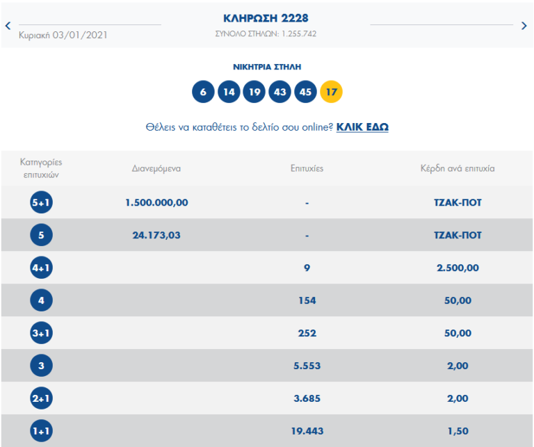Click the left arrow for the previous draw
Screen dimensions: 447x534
pyautogui.click(x=8, y=26)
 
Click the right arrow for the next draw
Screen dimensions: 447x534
pyautogui.click(x=524, y=26)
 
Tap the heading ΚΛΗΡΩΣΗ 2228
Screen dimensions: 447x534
pyautogui.click(x=266, y=18)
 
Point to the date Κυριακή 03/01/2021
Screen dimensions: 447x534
pyautogui.click(x=63, y=34)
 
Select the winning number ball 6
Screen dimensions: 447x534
pyautogui.click(x=203, y=92)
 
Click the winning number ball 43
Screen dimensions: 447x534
pyautogui.click(x=280, y=92)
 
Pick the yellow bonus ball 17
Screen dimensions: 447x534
pyautogui.click(x=331, y=92)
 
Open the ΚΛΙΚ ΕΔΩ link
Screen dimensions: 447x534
pyautogui.click(x=362, y=127)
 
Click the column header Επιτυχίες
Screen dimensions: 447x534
pyautogui.click(x=307, y=168)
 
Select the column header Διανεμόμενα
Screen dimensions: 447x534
pyautogui.click(x=156, y=168)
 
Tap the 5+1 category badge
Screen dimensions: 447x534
pyautogui.click(x=42, y=203)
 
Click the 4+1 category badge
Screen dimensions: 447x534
pyautogui.click(x=42, y=268)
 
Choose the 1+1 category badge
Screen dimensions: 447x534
pyautogui.click(x=42, y=431)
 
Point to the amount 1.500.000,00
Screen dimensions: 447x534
pyautogui.click(x=156, y=203)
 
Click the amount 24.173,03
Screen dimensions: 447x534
pyautogui.click(x=156, y=235)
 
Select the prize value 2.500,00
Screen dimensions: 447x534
pyautogui.click(x=457, y=268)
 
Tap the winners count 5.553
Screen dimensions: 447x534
pyautogui.click(x=307, y=366)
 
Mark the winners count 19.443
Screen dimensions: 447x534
pyautogui.click(x=307, y=431)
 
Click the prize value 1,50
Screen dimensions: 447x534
pyautogui.click(x=457, y=431)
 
